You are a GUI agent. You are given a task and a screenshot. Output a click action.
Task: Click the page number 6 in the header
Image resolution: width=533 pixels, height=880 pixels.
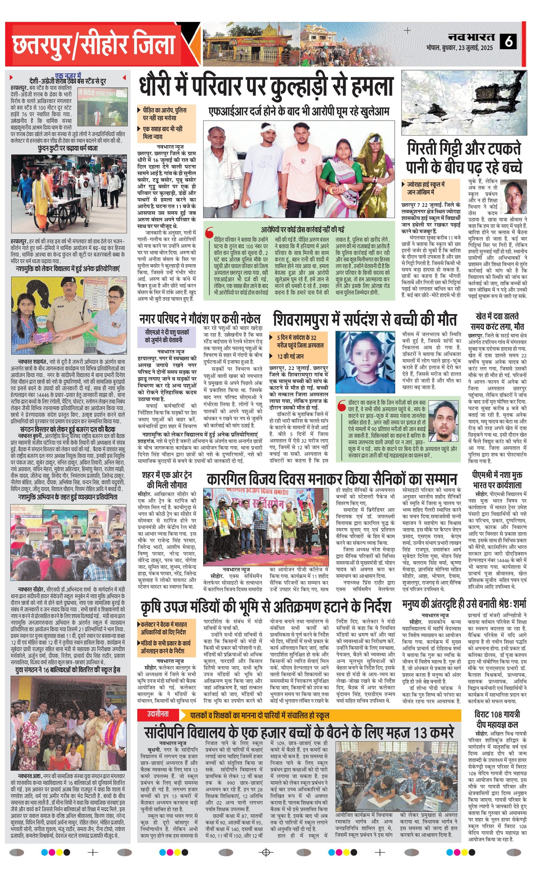pyautogui.click(x=508, y=41)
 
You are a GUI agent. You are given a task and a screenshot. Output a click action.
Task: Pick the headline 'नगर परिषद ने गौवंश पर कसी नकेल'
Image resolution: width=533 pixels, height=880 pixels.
pyautogui.click(x=200, y=319)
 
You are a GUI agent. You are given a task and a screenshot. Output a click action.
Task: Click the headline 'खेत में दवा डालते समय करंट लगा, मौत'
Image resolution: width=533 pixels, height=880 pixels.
pyautogui.click(x=497, y=322)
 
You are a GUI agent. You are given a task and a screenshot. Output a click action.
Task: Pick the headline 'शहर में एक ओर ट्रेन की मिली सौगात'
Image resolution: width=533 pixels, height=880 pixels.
pyautogui.click(x=167, y=480)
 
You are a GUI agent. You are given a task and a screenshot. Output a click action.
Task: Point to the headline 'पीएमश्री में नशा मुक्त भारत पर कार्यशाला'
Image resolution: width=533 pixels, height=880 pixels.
pyautogui.click(x=497, y=480)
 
